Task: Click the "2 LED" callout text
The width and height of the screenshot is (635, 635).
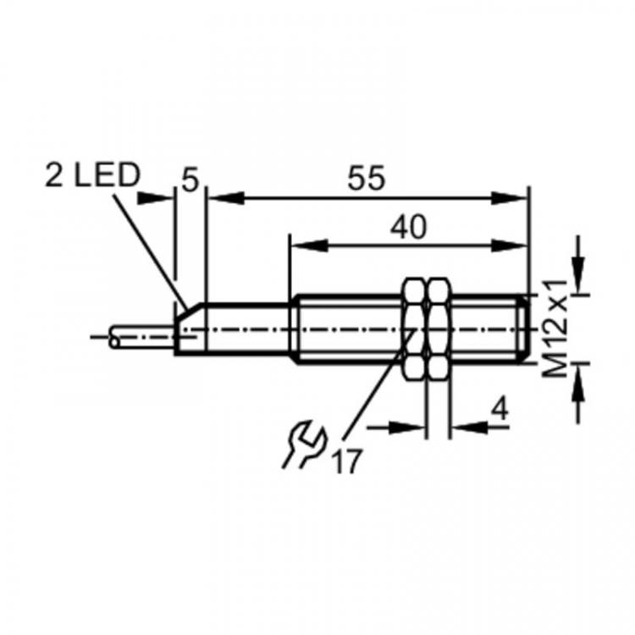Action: [x=92, y=176]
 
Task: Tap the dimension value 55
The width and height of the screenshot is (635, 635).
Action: [x=367, y=178]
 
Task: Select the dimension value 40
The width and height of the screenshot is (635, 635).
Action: [x=408, y=227]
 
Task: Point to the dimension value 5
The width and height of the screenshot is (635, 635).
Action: [x=190, y=180]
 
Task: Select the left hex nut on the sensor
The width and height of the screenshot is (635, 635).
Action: [x=415, y=329]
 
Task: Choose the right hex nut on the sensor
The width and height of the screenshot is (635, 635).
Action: [x=439, y=329]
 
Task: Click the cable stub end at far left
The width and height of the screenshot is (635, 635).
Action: [x=114, y=336]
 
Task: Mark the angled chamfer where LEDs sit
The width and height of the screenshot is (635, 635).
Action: [x=188, y=310]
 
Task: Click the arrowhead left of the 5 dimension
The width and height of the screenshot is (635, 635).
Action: [x=156, y=198]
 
